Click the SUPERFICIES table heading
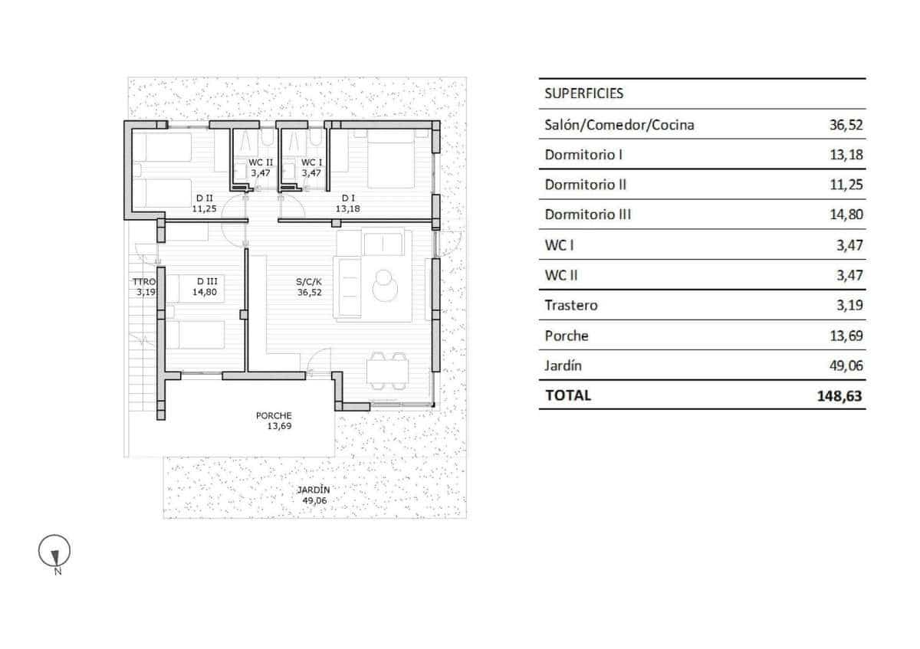click(x=583, y=94)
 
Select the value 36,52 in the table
click(x=846, y=125)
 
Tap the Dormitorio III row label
click(x=587, y=215)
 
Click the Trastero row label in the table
click(x=570, y=305)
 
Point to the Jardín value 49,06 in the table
click(x=846, y=365)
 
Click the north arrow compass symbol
click(x=54, y=551)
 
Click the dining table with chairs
click(x=388, y=372)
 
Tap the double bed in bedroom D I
click(x=393, y=159)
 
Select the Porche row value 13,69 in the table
click(x=846, y=336)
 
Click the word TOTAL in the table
click(x=567, y=396)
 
